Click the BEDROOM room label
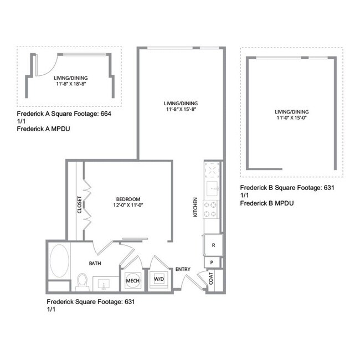[x=128, y=199]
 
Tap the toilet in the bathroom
[x=83, y=282]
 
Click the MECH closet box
[x=132, y=281]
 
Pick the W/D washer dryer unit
[x=159, y=279]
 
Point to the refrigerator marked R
[x=213, y=244]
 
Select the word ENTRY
[x=183, y=270]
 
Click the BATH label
[x=95, y=264]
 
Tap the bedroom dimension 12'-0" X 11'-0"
[x=128, y=205]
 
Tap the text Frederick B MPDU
[x=266, y=203]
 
